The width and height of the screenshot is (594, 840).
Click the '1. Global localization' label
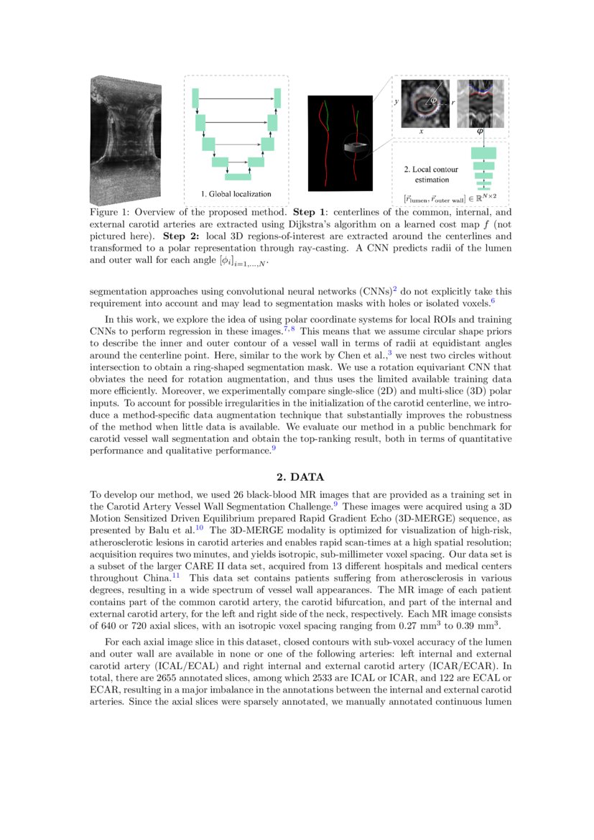pyautogui.click(x=236, y=193)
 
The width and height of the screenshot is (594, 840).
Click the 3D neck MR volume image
pyautogui.click(x=125, y=140)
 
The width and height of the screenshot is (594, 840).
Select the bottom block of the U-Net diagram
pyautogui.click(x=238, y=177)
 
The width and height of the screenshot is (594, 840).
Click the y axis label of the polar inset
pyautogui.click(x=396, y=102)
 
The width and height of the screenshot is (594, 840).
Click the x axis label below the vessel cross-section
pyautogui.click(x=421, y=132)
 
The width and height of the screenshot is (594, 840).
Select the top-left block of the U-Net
pyautogui.click(x=195, y=98)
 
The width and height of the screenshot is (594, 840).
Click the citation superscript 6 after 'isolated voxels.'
pyautogui.click(x=493, y=302)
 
